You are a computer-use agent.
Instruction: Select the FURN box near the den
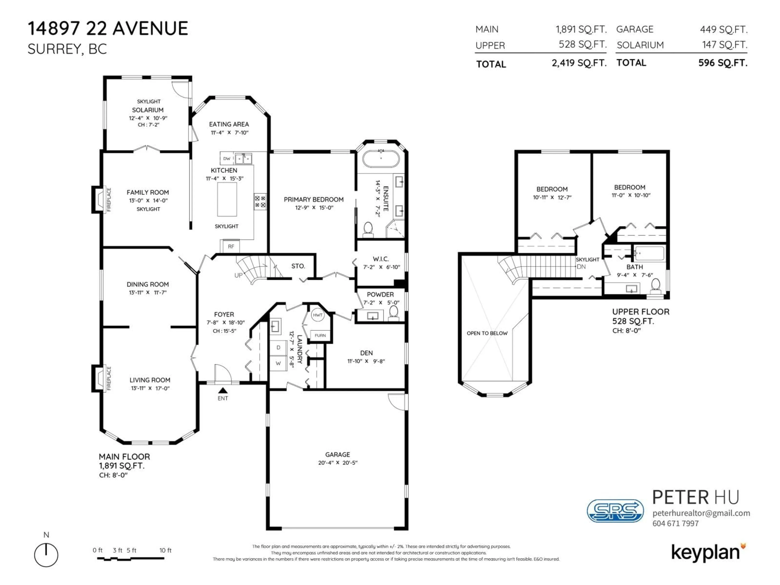pyautogui.click(x=320, y=335)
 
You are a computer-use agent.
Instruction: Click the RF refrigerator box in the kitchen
pyautogui.click(x=231, y=246)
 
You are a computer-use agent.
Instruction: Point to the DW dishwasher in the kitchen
pyautogui.click(x=227, y=159)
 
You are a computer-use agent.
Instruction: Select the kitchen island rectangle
pyautogui.click(x=227, y=199)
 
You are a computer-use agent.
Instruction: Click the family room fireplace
pyautogui.click(x=99, y=200)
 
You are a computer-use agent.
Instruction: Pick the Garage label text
pyautogui.click(x=337, y=455)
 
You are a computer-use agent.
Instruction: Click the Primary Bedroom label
pyautogui.click(x=313, y=200)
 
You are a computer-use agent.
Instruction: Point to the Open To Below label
pyautogui.click(x=487, y=333)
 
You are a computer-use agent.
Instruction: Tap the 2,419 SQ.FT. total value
pyautogui.click(x=579, y=63)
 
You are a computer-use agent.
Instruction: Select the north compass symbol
pyautogui.click(x=46, y=555)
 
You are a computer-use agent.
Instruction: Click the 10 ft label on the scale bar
pyautogui.click(x=165, y=550)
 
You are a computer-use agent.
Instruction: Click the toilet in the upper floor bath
pyautogui.click(x=655, y=286)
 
